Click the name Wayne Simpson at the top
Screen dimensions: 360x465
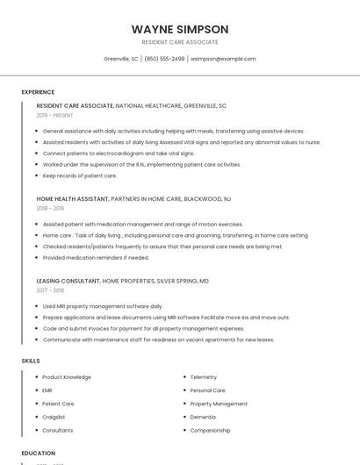coord(179,29)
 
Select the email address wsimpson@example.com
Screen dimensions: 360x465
coord(223,59)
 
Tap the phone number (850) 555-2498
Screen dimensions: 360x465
coord(164,59)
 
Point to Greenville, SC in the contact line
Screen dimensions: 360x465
coord(121,59)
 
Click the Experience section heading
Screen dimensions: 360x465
coord(38,92)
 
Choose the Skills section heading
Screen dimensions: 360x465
coord(31,361)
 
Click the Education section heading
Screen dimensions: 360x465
coord(38,453)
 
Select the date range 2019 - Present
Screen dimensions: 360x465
coord(56,115)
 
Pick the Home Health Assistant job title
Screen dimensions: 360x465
coord(72,199)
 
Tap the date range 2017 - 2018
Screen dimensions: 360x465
coord(50,290)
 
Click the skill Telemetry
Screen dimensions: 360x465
coord(203,376)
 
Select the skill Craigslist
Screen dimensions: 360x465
coord(54,417)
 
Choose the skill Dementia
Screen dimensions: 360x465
coord(202,417)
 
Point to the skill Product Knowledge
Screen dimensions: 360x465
coord(66,376)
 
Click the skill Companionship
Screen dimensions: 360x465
coord(210,431)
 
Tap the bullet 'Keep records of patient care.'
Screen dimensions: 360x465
coord(79,175)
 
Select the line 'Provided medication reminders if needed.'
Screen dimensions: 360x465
coord(96,258)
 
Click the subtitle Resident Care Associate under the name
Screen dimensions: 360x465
coord(179,42)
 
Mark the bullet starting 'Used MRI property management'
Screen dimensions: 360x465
coord(103,306)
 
